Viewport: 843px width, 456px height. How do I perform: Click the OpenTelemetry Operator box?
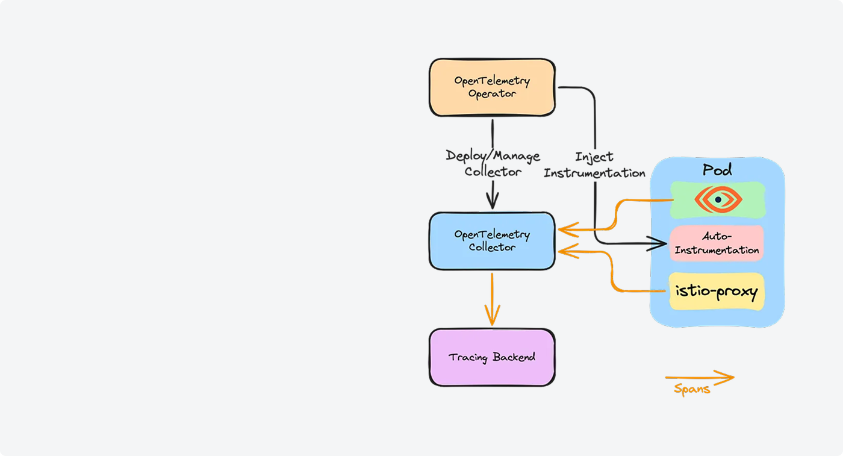coord(491,87)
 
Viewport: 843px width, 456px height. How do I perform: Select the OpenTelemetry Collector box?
coord(491,241)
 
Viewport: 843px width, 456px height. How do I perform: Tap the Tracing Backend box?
coord(491,357)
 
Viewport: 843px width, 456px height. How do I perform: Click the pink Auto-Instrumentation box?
coord(716,243)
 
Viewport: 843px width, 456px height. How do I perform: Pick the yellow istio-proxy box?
coord(716,292)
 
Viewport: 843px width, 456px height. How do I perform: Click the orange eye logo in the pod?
coord(718,199)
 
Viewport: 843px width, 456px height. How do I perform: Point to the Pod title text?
coord(717,170)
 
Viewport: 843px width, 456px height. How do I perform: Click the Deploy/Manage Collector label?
coord(493,164)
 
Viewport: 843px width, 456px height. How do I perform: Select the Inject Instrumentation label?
coord(594,165)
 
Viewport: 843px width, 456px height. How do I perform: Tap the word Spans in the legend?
coord(692,389)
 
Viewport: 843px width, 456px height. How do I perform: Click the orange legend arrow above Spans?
coord(699,378)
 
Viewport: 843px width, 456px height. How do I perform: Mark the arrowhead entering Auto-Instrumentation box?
coord(660,243)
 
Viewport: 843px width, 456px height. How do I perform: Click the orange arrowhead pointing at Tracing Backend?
coord(492,319)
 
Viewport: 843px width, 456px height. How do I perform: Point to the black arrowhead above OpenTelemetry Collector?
coord(493,200)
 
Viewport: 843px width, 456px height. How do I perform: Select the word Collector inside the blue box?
coord(492,247)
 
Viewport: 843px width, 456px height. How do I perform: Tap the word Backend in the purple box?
coord(514,357)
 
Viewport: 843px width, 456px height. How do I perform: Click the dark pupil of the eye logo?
coord(718,199)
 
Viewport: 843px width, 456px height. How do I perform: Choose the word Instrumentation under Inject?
coord(594,173)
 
